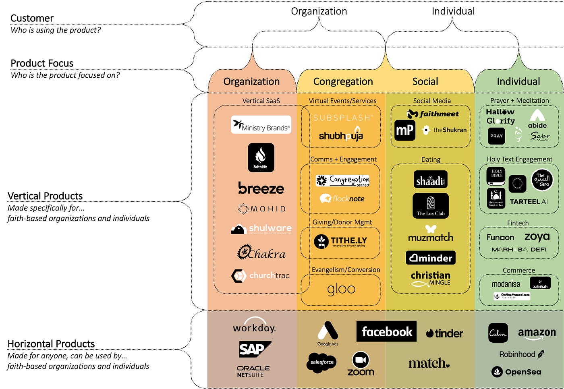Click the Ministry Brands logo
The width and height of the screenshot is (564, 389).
click(x=261, y=125)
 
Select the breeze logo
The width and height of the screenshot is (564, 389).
click(x=261, y=188)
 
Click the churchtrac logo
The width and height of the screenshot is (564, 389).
click(x=261, y=275)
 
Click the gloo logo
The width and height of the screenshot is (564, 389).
click(x=341, y=289)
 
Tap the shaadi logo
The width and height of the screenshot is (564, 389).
click(x=430, y=180)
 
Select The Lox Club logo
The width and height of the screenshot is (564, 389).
click(x=430, y=205)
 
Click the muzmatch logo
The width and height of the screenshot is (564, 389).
click(x=430, y=234)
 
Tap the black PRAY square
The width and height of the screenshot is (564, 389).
click(x=496, y=136)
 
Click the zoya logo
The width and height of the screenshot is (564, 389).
click(x=537, y=237)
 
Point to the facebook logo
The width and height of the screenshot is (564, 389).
click(x=386, y=331)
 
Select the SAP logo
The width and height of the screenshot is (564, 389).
click(x=254, y=349)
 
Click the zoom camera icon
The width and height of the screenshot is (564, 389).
click(x=361, y=360)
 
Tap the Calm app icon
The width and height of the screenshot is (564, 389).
click(x=498, y=333)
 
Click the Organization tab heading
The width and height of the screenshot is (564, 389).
click(x=251, y=82)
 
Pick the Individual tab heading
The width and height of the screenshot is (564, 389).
click(x=518, y=82)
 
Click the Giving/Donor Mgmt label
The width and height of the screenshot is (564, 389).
click(x=342, y=222)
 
